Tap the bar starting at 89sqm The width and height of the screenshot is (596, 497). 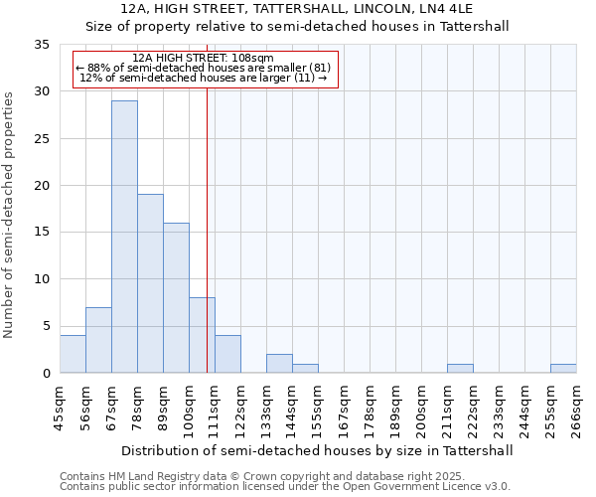(176, 298)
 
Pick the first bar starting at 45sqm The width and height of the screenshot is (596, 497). (73, 354)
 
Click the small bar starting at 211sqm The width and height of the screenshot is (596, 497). (460, 369)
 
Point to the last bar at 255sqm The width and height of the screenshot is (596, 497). (563, 369)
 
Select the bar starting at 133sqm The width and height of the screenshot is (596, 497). (279, 364)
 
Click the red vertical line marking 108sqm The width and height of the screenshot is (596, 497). (207, 219)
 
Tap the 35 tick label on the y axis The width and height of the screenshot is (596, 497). (42, 45)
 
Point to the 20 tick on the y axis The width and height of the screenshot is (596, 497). (42, 186)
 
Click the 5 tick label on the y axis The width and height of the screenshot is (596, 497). (46, 326)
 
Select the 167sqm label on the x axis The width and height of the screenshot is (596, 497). (344, 409)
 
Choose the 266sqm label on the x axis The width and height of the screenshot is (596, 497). (576, 409)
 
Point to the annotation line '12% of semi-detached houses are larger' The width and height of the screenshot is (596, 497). (204, 78)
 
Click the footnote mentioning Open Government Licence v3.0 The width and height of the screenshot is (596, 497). (285, 486)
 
